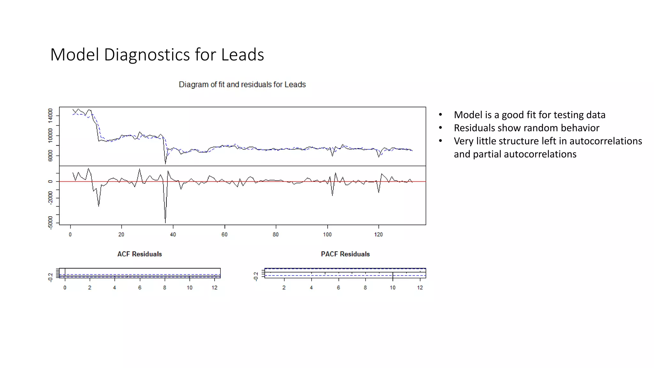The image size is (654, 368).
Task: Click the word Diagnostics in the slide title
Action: point(147,55)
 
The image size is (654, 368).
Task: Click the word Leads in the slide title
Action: point(242,55)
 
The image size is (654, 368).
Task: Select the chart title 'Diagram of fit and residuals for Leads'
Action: point(242,84)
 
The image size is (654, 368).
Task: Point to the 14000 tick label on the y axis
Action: point(50,116)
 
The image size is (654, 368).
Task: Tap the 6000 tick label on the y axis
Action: point(50,156)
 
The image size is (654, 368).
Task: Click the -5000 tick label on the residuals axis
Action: point(50,223)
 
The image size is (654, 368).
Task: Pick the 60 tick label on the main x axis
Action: point(224,234)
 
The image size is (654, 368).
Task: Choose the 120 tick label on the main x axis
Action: point(378,234)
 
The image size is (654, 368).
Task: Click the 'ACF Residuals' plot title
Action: point(140,254)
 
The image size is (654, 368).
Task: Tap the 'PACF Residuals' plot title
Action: point(345,254)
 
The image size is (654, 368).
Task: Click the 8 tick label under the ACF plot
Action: point(164,287)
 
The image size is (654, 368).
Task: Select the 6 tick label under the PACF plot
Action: point(338,287)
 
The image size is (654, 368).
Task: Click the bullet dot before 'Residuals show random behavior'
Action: point(440,128)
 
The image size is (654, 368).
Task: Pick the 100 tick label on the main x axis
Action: point(327,234)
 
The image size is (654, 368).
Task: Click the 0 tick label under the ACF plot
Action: point(65,287)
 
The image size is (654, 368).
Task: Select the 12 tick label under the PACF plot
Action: point(420,287)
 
